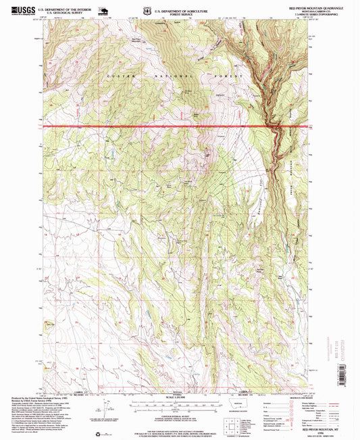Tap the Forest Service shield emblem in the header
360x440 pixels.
137,11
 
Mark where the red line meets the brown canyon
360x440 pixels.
275,126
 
